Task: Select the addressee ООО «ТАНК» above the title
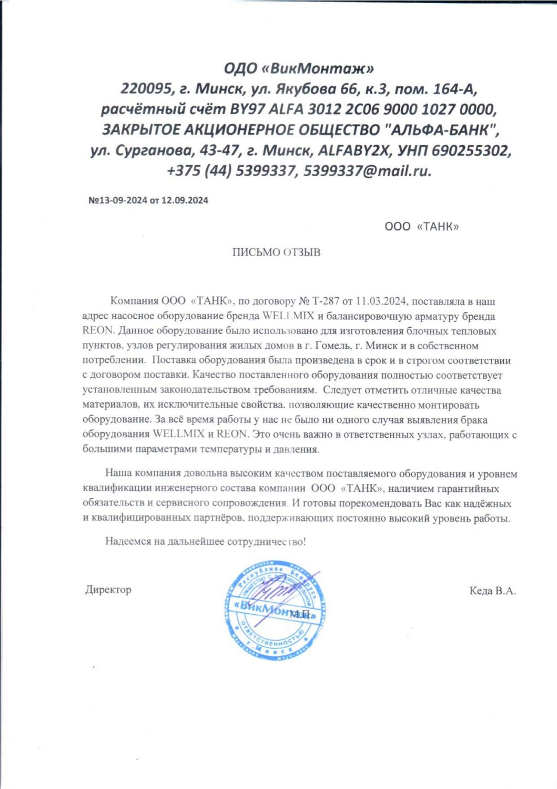click(x=422, y=227)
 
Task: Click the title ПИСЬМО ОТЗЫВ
click(x=277, y=252)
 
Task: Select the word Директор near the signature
click(x=108, y=590)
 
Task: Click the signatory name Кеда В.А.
click(x=492, y=591)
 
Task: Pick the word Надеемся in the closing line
click(x=125, y=541)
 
